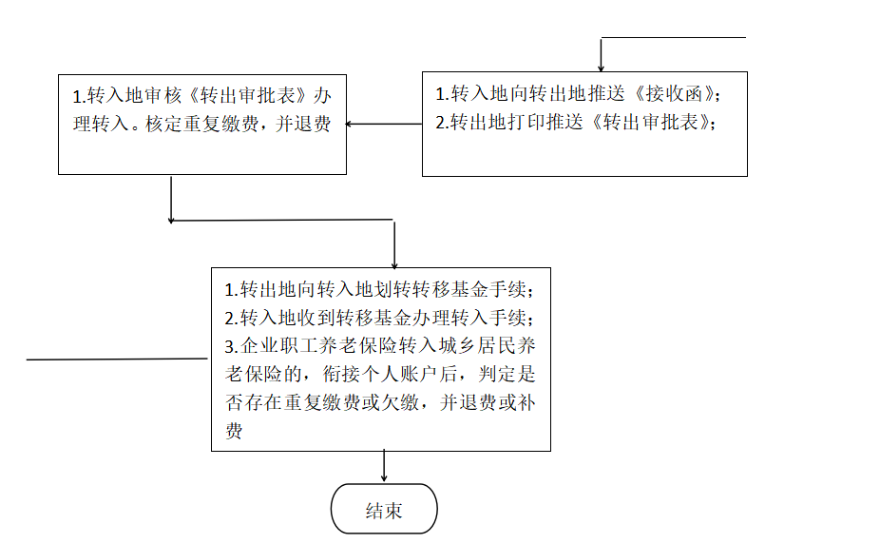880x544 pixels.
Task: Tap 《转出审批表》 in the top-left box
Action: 246,95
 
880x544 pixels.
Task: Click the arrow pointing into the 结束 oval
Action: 384,466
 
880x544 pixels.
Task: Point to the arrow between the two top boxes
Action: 385,124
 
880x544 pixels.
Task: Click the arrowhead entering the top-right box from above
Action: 601,68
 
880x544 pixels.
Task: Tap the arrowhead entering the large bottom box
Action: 394,264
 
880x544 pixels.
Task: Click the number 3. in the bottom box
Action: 232,346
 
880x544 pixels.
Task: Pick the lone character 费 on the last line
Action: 234,431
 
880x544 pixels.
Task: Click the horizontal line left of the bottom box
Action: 117,359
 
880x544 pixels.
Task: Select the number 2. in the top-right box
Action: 442,123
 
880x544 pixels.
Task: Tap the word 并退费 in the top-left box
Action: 303,124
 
